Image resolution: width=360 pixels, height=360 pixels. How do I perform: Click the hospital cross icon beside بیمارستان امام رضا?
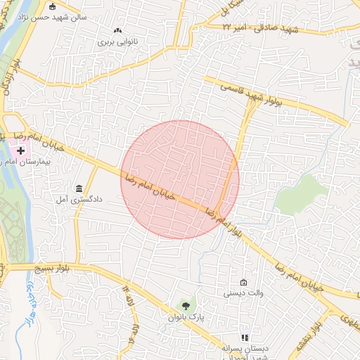21,150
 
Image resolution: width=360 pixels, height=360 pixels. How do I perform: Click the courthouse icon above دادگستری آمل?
78,188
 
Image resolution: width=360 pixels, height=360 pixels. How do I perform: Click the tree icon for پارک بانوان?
186,306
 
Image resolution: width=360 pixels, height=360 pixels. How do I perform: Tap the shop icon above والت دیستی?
243,282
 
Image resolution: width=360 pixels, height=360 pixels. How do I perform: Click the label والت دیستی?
243,293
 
